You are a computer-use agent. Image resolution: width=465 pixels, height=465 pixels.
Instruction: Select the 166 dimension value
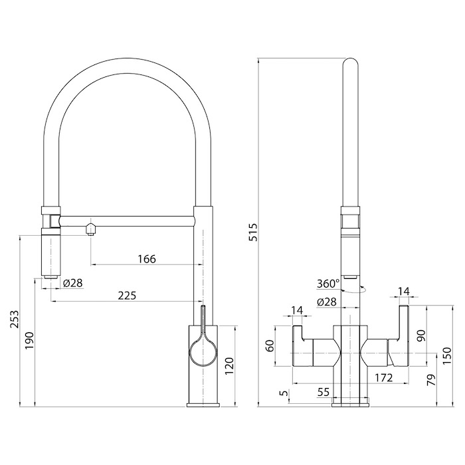(147, 259)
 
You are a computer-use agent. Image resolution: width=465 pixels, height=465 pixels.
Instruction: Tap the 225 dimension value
(127, 296)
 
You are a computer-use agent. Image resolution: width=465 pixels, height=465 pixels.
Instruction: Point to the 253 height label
(14, 319)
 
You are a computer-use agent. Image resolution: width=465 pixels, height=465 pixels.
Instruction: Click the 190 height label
(30, 340)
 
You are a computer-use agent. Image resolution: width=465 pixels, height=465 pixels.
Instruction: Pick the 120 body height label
(229, 366)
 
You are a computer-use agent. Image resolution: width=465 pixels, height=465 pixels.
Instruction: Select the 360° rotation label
(328, 284)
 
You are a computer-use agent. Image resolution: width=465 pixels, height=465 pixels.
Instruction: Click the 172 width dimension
(383, 378)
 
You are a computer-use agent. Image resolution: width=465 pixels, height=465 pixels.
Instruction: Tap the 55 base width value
(324, 392)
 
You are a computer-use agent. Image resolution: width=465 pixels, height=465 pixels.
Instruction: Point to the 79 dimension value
(432, 379)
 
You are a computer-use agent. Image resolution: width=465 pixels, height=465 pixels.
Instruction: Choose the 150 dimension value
(448, 355)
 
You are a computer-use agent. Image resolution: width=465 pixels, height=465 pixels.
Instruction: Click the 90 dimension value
(422, 335)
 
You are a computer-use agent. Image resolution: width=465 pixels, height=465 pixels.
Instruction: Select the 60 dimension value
(270, 346)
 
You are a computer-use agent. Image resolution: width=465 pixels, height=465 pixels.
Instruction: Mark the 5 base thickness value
(284, 393)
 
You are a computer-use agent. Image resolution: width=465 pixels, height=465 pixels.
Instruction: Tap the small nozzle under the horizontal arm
(91, 230)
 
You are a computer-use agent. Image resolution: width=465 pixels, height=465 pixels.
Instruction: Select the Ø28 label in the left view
(73, 282)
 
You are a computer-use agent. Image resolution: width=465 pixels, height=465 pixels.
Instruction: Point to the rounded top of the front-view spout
(350, 61)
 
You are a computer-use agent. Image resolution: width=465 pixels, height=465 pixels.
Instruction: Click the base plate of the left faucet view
(203, 405)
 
